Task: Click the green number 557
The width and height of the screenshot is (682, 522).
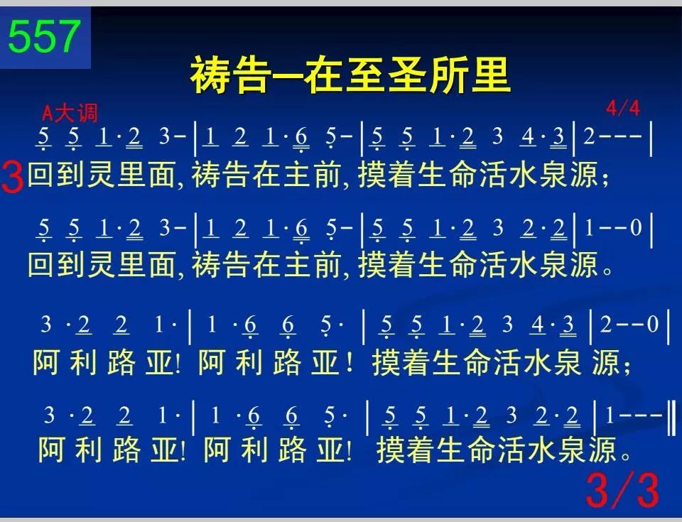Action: [44, 36]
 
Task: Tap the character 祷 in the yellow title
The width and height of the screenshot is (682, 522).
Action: [210, 75]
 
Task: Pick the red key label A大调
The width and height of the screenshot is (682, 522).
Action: [70, 114]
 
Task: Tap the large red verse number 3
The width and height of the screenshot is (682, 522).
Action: [12, 177]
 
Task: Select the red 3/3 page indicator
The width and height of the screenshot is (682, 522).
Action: [623, 490]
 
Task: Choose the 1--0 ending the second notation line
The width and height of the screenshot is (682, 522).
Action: [613, 227]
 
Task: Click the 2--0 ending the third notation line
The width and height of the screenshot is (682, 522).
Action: [629, 324]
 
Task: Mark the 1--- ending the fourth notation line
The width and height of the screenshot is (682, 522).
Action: [634, 415]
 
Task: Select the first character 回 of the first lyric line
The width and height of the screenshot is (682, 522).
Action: [42, 174]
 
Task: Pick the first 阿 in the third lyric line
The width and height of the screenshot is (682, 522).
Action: [46, 362]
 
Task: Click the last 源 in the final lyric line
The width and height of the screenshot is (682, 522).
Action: [603, 449]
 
